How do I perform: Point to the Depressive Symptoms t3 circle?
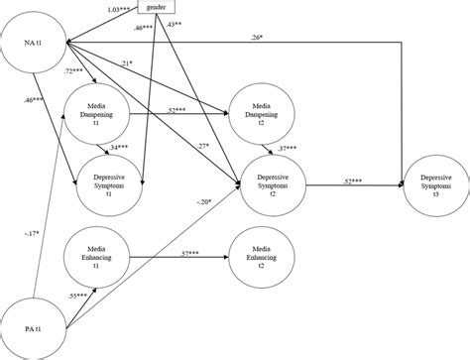[433, 182]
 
